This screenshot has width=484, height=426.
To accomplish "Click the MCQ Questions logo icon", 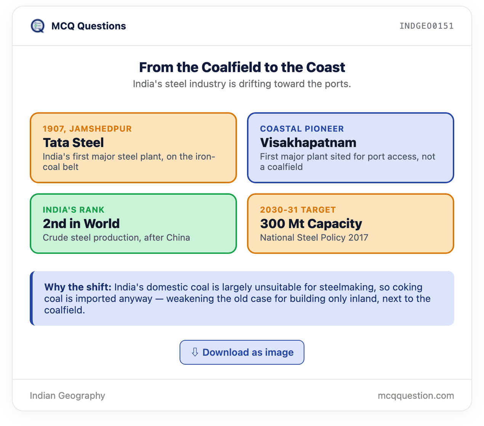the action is (x=37, y=26).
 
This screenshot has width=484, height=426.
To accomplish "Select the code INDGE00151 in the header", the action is (x=426, y=26).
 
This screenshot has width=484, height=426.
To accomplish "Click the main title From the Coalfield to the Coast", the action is (x=242, y=67).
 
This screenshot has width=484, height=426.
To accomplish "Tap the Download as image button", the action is (x=242, y=352).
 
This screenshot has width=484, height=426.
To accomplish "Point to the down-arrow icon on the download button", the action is (x=195, y=352).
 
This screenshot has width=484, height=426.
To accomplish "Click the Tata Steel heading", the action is (x=73, y=143).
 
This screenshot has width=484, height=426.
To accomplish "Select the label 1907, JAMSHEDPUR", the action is (x=87, y=129).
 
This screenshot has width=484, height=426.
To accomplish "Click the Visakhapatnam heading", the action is (x=308, y=143).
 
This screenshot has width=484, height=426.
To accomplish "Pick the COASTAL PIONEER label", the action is (x=302, y=129).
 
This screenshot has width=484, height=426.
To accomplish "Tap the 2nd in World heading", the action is (x=81, y=224).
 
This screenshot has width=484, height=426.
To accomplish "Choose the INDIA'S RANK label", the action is (x=74, y=210).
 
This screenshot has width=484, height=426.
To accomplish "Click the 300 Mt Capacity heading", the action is (x=311, y=224).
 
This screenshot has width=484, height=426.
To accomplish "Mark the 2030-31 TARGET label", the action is (x=298, y=210).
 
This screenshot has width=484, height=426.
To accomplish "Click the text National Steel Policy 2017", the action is (x=314, y=237).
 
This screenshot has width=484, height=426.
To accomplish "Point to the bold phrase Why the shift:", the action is (x=78, y=287).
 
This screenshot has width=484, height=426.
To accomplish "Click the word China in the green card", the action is (x=178, y=237).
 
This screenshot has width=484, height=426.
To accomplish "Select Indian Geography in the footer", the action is (x=67, y=396).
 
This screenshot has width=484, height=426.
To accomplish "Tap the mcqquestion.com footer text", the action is (x=416, y=396).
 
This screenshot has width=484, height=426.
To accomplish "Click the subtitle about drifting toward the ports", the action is (x=242, y=84).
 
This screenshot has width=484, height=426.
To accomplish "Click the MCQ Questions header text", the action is (x=89, y=26).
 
